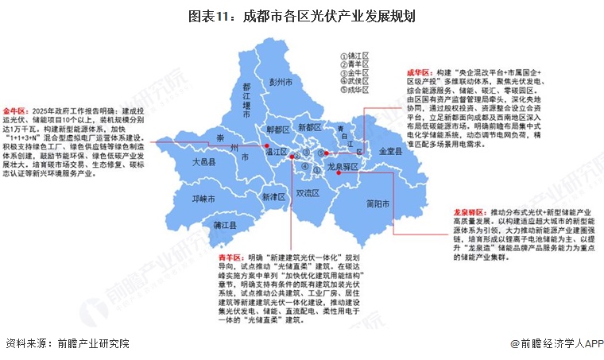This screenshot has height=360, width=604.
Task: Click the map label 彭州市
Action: [281, 81]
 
